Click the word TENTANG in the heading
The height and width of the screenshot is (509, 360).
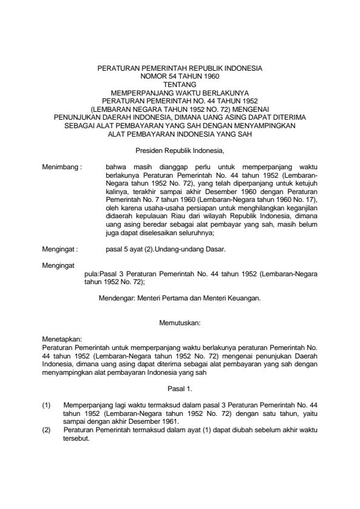click(180, 86)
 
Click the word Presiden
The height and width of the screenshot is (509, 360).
click(148, 149)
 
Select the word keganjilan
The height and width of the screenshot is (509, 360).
click(302, 207)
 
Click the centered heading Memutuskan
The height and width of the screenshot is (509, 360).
click(180, 323)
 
